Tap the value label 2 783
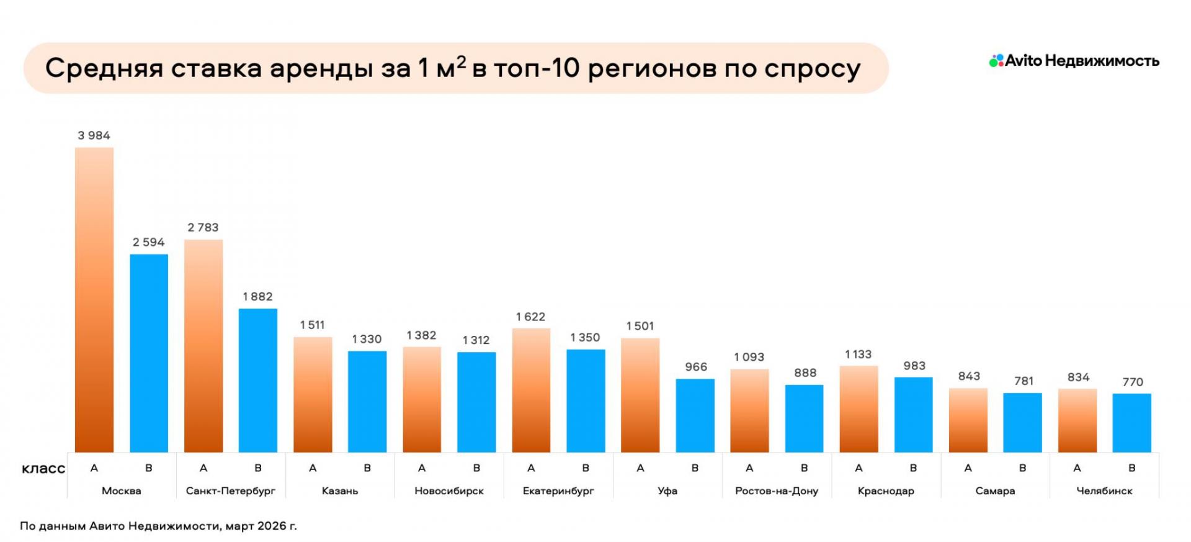pos(203,227)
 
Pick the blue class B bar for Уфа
pos(695,415)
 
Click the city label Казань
pos(340,490)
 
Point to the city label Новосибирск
pos(449,490)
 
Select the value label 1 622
pos(530,317)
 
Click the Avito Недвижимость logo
pos(1074,61)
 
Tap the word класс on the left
pos(43,469)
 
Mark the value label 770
pos(1132,382)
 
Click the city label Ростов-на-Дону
pos(777,490)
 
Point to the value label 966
pos(695,367)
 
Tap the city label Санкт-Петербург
pos(231,490)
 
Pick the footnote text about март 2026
pos(158,526)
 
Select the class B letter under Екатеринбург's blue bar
pos(586,468)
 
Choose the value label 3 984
pos(94,135)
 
